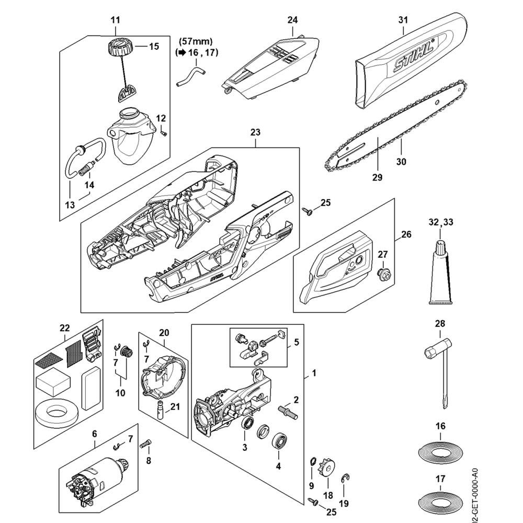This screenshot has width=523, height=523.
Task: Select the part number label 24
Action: pyautogui.click(x=292, y=20)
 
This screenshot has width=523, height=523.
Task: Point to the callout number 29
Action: pyautogui.click(x=377, y=177)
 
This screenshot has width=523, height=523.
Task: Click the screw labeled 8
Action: pyautogui.click(x=146, y=444)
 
